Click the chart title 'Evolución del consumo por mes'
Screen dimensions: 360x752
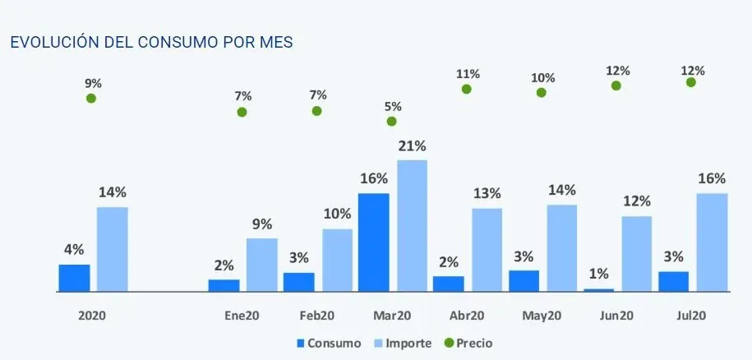click(150, 42)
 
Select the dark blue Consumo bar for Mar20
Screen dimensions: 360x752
click(373, 242)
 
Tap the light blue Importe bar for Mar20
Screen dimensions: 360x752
click(412, 226)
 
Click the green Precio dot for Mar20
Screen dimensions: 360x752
click(391, 122)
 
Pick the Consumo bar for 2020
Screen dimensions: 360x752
click(74, 278)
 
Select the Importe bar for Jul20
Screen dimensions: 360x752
click(712, 242)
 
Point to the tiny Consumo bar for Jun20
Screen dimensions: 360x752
click(599, 290)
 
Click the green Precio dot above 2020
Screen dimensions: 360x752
click(91, 99)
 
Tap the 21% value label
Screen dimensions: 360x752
click(412, 146)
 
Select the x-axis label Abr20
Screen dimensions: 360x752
click(467, 316)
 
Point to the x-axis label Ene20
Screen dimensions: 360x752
click(242, 316)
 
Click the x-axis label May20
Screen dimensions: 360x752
click(542, 316)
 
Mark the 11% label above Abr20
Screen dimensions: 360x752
click(467, 74)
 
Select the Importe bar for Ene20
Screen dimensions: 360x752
click(261, 265)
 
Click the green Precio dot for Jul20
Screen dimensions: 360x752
click(690, 82)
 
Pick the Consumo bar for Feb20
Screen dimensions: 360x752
click(298, 282)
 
